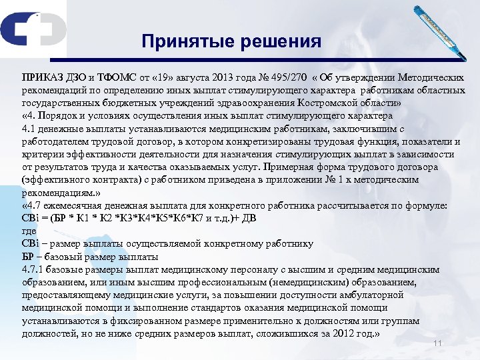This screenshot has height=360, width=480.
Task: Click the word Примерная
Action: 293,167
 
